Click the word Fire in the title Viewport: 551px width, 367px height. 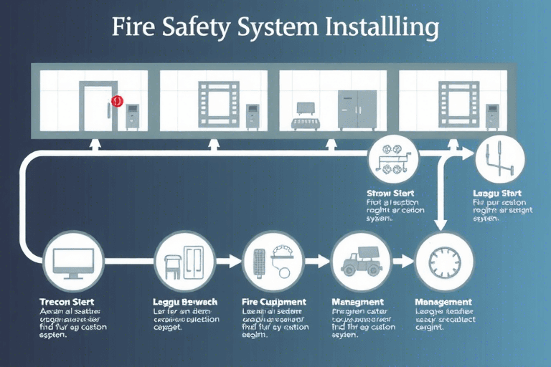[x=136, y=28]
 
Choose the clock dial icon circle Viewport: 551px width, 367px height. [x=443, y=259]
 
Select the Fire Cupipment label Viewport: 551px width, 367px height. [x=274, y=302]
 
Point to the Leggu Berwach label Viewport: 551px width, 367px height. [x=185, y=302]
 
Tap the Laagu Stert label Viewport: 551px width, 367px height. [x=497, y=193]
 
